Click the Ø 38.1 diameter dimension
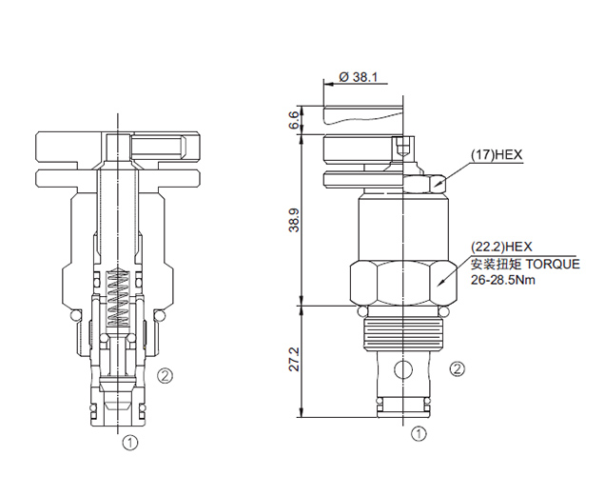[358, 77]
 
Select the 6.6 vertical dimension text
[294, 120]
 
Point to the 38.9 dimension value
[294, 220]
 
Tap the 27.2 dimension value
[294, 359]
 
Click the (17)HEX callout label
[497, 155]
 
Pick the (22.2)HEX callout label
[501, 247]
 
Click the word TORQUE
[553, 265]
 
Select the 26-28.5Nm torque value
[503, 279]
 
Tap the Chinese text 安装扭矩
[497, 265]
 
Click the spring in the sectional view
[118, 298]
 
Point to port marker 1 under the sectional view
[130, 443]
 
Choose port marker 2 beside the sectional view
[166, 375]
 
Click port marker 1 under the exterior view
[419, 434]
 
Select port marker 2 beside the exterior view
[458, 369]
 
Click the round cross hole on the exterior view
[403, 370]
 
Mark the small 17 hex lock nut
[424, 183]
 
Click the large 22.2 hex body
[403, 283]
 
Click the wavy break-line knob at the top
[363, 115]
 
